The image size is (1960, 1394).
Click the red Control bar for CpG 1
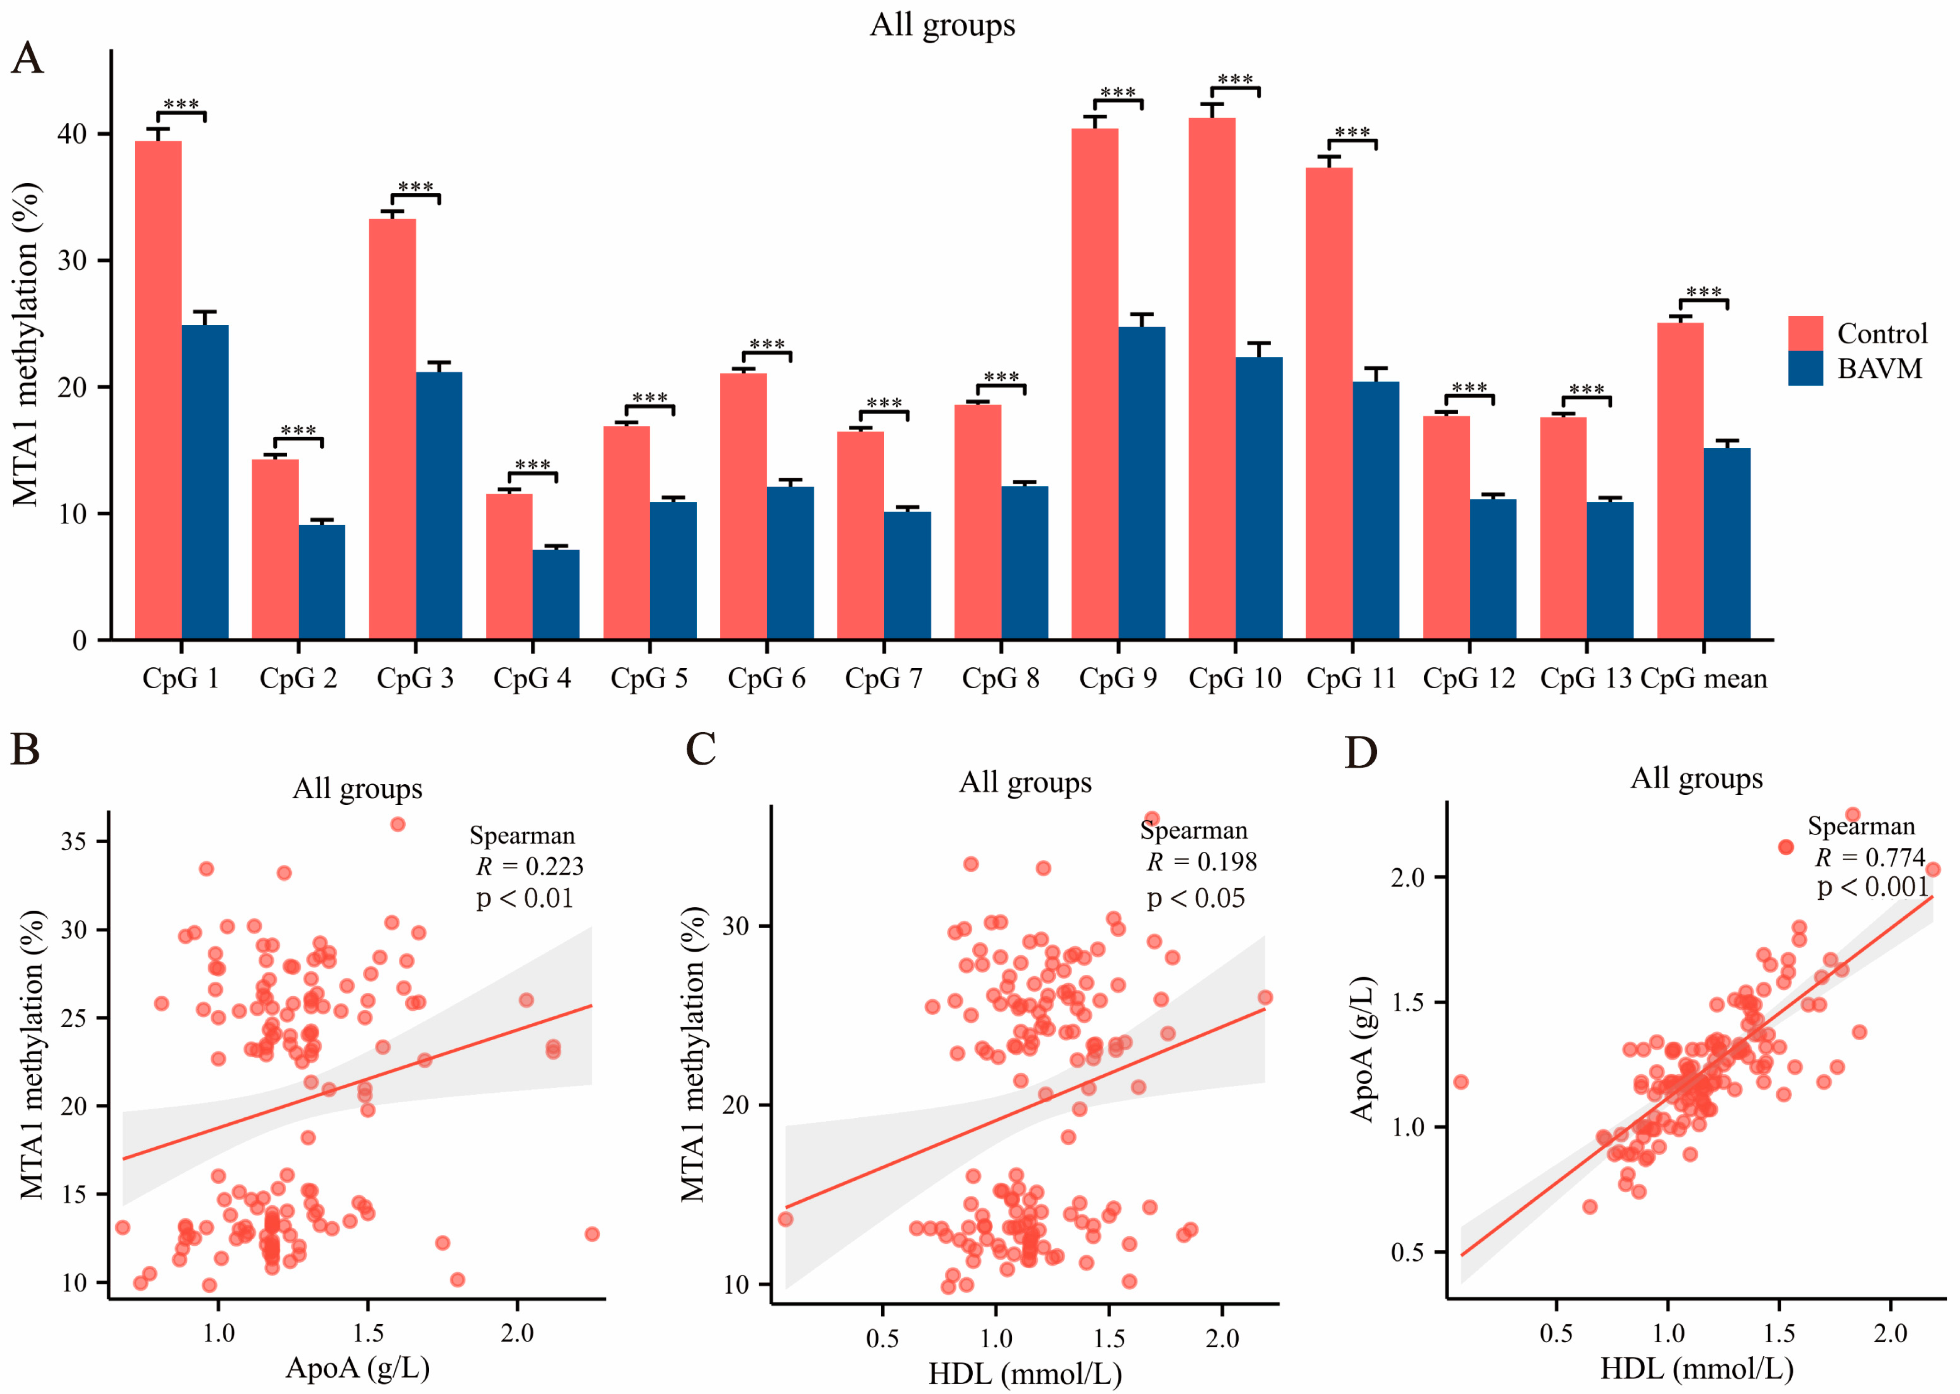click(x=158, y=391)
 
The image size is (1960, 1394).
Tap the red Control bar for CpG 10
click(x=1211, y=378)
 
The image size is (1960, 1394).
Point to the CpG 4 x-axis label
click(x=531, y=679)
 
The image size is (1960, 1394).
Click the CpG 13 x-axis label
click(x=1585, y=679)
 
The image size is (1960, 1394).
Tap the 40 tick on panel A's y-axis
click(x=72, y=135)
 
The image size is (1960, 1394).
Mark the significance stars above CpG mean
click(x=1703, y=293)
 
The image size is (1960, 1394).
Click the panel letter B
click(x=25, y=748)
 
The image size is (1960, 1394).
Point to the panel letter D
click(x=1361, y=753)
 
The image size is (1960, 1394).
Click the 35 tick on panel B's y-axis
click(x=74, y=841)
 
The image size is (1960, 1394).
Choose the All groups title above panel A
click(x=942, y=25)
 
